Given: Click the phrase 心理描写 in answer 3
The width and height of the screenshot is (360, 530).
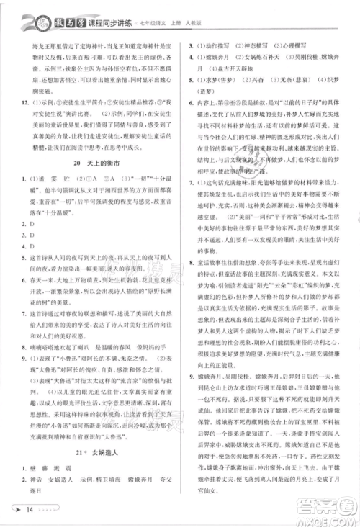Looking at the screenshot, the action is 297,45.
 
